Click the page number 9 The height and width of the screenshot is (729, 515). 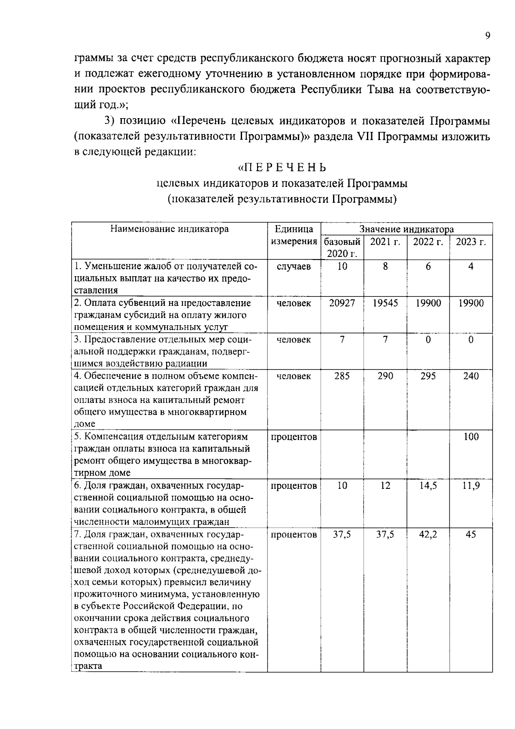[487, 36]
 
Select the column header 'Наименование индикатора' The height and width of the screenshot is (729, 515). [170, 229]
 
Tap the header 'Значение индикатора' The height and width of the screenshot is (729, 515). [406, 229]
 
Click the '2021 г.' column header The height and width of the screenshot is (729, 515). [385, 242]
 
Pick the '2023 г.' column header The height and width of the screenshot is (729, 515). [471, 242]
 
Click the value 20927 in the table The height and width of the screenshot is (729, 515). [342, 303]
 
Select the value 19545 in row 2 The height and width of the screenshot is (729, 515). [385, 303]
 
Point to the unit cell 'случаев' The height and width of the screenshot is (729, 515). [294, 267]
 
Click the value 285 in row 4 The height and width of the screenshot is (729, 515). [342, 376]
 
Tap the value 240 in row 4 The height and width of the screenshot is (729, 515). [471, 376]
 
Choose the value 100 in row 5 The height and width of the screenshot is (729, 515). [471, 437]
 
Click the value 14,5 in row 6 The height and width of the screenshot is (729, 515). [428, 486]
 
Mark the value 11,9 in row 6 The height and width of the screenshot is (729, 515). [471, 486]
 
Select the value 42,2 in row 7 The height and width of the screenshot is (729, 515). [428, 535]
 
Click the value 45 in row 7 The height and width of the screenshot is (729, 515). [471, 535]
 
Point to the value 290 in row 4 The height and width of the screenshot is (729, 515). [385, 376]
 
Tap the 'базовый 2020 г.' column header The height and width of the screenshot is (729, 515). [342, 247]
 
